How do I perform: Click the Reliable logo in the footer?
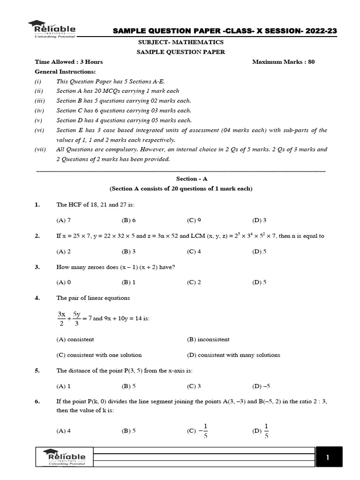(x=65, y=457)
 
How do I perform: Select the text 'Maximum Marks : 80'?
(x=283, y=62)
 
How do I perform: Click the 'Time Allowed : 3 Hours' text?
(x=69, y=62)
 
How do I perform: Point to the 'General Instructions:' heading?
(x=65, y=72)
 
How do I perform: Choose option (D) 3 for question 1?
(x=259, y=220)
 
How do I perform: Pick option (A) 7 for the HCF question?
(x=63, y=220)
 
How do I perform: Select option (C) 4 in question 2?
(x=194, y=251)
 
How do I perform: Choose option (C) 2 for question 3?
(x=194, y=282)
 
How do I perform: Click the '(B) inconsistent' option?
(x=208, y=339)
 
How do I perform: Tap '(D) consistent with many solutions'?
(x=233, y=355)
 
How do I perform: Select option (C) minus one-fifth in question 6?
(x=199, y=430)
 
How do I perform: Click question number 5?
(x=37, y=371)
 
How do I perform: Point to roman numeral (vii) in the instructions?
(x=40, y=150)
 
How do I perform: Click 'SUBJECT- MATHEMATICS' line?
(x=180, y=43)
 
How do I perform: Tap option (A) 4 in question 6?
(x=63, y=430)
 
